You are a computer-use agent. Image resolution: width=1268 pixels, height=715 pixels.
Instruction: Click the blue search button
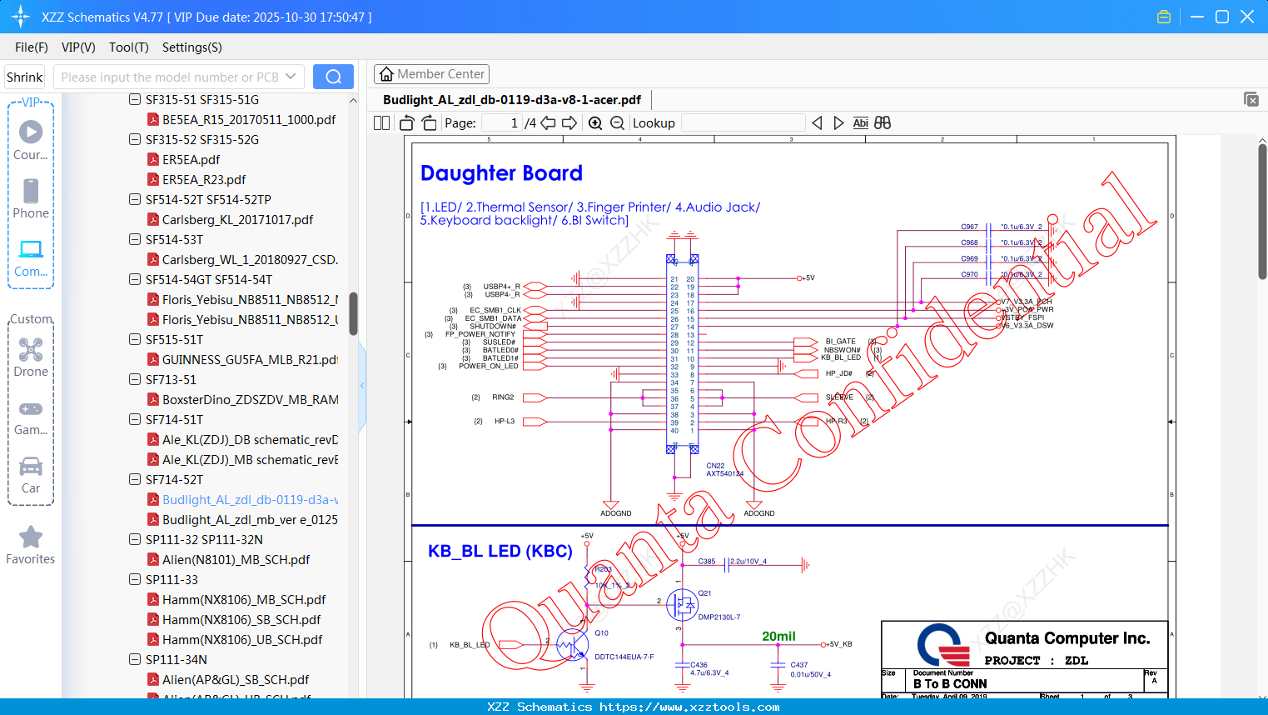[x=333, y=77]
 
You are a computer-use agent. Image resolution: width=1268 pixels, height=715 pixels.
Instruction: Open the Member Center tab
[x=431, y=74]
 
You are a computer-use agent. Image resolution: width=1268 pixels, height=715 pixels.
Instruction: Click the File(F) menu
[x=32, y=47]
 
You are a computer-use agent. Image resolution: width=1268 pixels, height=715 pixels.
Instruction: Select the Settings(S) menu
[x=191, y=47]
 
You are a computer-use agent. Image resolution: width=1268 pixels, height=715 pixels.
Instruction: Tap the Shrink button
[x=24, y=77]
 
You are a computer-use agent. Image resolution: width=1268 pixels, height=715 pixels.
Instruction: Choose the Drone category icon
[x=31, y=350]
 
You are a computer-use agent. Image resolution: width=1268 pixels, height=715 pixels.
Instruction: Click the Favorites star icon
[x=31, y=537]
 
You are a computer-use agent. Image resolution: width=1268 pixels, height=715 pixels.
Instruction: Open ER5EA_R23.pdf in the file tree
[x=204, y=179]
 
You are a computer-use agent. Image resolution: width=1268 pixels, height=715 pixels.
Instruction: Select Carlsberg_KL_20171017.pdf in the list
[x=237, y=219]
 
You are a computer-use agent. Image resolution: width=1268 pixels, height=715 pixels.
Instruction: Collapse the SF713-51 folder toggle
[x=135, y=379]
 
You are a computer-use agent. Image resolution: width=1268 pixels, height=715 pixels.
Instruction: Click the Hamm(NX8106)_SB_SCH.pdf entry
[x=241, y=619]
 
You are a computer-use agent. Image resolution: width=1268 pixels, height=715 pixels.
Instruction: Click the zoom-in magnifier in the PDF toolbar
[x=595, y=123]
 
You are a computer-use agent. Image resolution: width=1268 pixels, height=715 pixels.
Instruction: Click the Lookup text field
[x=743, y=123]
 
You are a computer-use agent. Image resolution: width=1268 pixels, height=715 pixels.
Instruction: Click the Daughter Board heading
[x=501, y=173]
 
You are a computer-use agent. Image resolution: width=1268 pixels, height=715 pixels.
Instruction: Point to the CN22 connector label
[x=715, y=466]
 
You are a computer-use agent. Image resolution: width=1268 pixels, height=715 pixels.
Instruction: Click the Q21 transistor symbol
[x=682, y=605]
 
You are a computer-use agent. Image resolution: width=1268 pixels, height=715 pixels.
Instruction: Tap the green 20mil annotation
[x=778, y=637]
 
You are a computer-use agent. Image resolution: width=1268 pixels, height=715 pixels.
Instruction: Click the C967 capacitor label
[x=969, y=227]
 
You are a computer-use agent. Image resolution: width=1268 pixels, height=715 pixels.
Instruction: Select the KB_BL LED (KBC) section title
[x=500, y=551]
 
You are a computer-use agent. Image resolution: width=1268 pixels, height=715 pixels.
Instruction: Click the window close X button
[x=1247, y=17]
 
